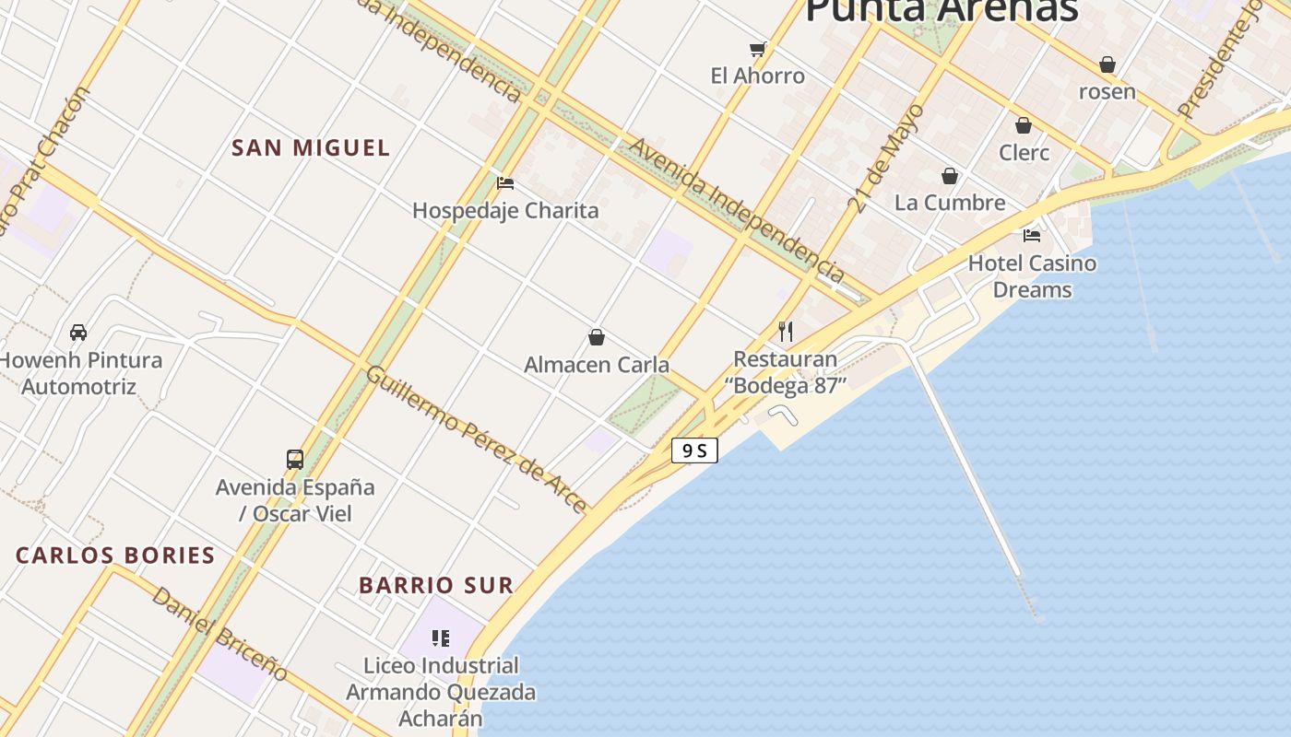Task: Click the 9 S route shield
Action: [x=694, y=450]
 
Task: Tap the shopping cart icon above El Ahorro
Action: [x=758, y=49]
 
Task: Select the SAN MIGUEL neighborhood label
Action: [x=311, y=147]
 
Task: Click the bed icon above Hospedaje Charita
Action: [x=504, y=183]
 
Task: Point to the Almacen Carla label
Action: [x=597, y=365]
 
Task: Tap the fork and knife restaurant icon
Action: [x=786, y=332]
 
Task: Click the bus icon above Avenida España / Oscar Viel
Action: [x=295, y=459]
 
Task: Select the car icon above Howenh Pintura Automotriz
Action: [x=78, y=333]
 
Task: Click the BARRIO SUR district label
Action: [x=435, y=585]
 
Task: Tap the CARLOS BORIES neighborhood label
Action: [x=115, y=556]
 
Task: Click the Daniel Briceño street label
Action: [x=219, y=634]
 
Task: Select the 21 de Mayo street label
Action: [x=873, y=158]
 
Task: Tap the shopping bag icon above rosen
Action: [x=1107, y=64]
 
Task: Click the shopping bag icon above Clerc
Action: [x=1024, y=125]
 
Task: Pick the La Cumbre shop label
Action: [x=950, y=203]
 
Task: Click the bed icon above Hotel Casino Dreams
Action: [x=1032, y=236]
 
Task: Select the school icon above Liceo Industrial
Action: [x=441, y=638]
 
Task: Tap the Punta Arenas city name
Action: [x=941, y=11]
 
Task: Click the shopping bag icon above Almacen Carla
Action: [x=597, y=337]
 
